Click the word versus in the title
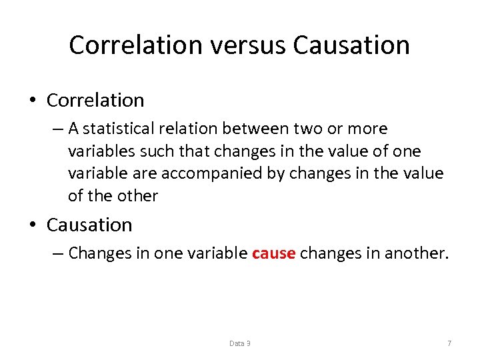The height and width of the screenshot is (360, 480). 249,45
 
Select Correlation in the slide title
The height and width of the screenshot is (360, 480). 135,45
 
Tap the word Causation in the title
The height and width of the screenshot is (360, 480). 351,45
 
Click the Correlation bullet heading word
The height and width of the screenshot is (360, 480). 95,100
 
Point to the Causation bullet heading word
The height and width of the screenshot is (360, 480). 89,225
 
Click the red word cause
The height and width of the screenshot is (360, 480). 273,253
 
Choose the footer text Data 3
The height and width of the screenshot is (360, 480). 240,343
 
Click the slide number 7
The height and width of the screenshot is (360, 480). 449,343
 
